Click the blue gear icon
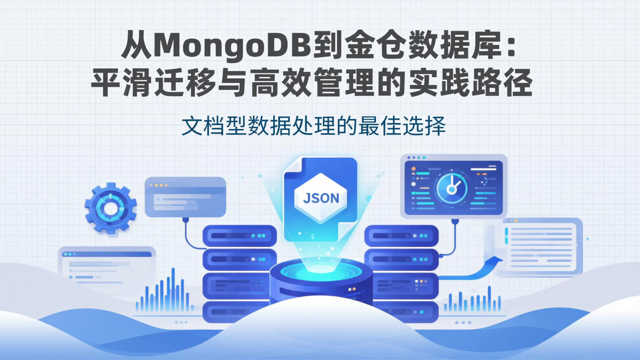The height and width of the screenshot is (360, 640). pyautogui.click(x=111, y=208)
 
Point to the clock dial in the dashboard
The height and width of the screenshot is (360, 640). pyautogui.click(x=452, y=188)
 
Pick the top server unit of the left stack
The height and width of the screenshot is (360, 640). pyautogui.click(x=240, y=236)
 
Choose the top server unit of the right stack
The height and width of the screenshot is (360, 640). pyautogui.click(x=401, y=236)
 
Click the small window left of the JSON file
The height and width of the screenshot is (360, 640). pyautogui.click(x=185, y=197)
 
